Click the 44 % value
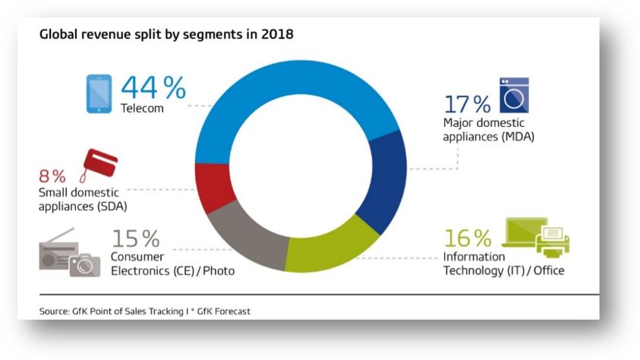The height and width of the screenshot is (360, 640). (x=153, y=88)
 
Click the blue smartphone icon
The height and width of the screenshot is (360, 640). (x=98, y=95)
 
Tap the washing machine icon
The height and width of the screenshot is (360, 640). (x=512, y=95)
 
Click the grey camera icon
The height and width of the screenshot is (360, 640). (x=84, y=264)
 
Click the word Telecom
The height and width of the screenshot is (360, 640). (x=142, y=109)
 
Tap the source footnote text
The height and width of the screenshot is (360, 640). (x=144, y=311)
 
